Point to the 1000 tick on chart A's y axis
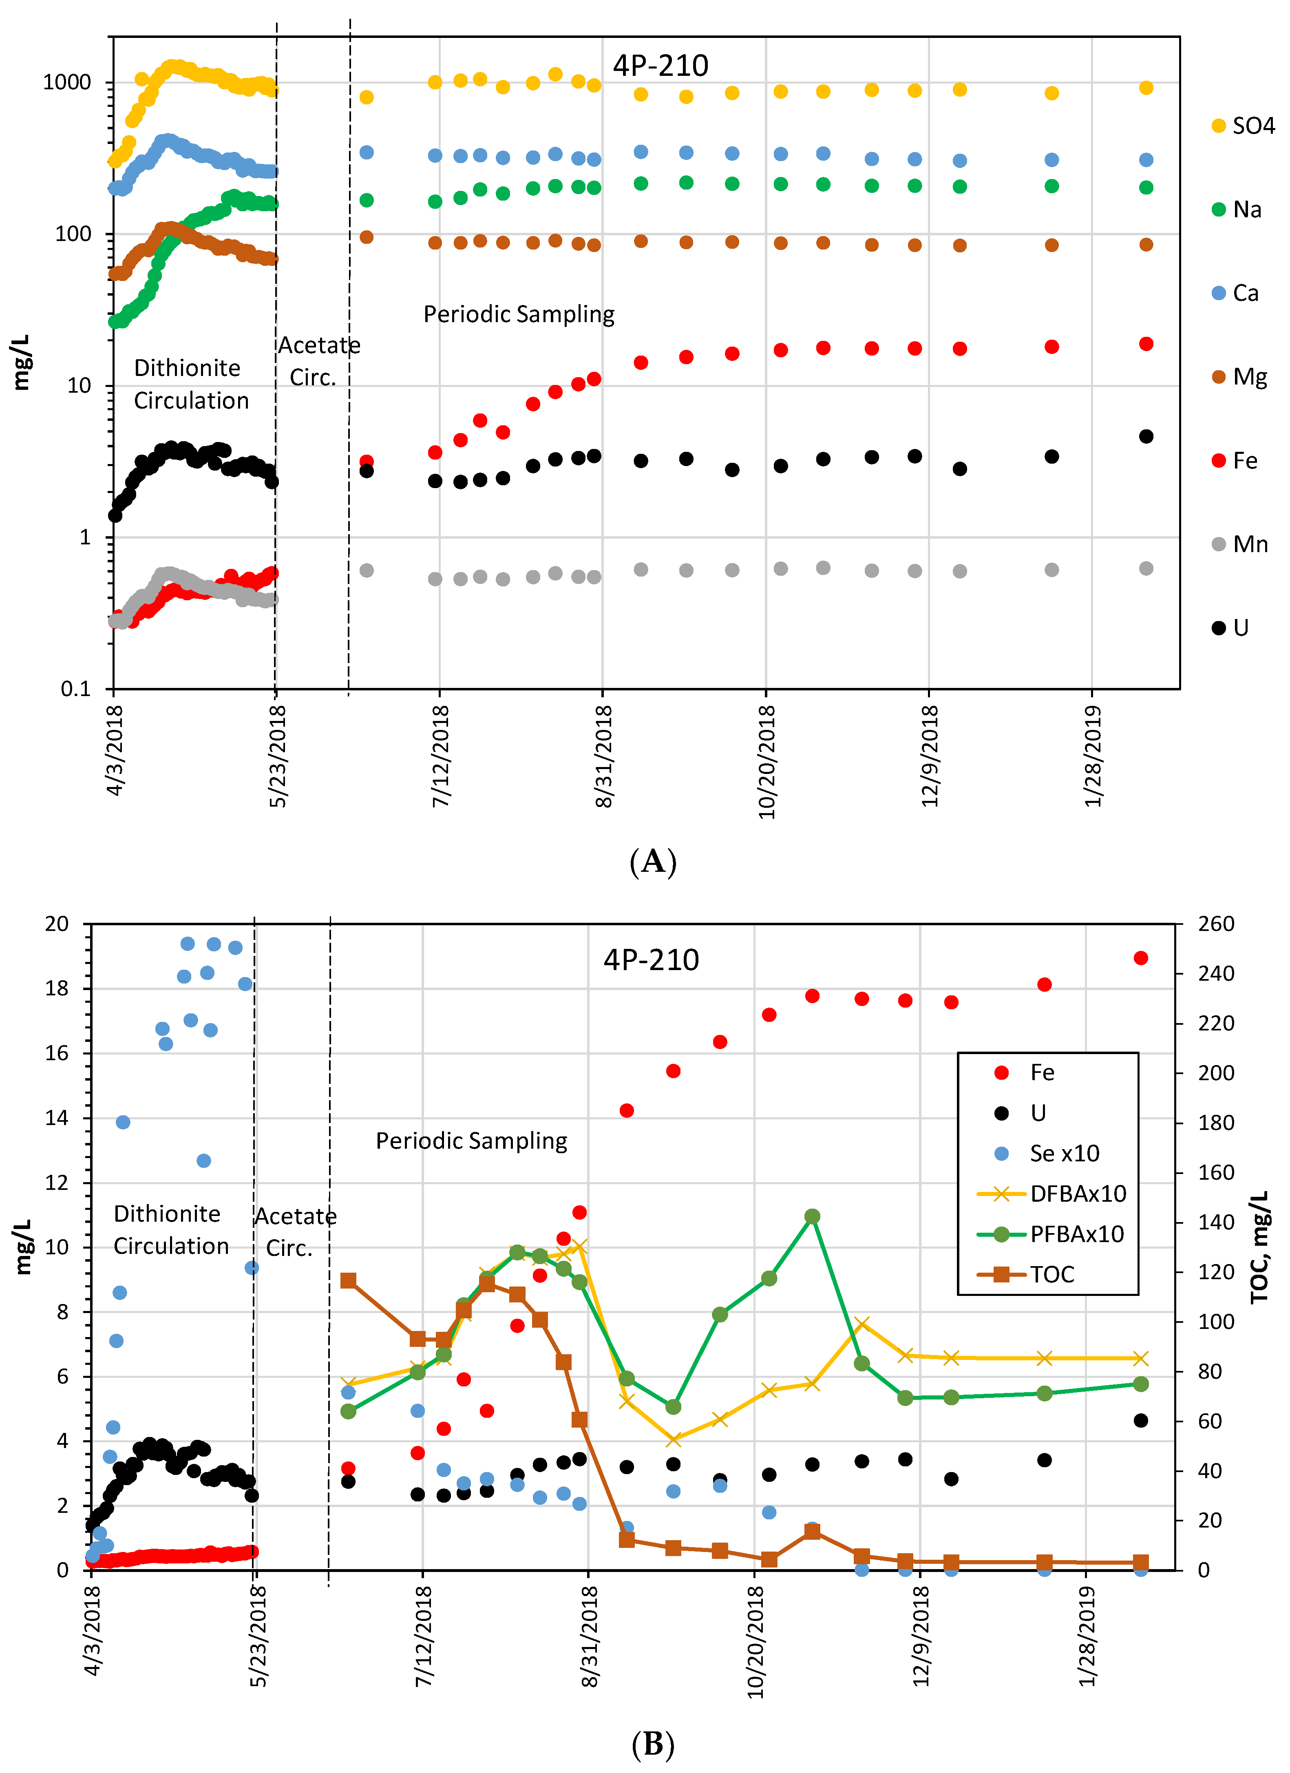pyautogui.click(x=67, y=82)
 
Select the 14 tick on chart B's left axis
pyautogui.click(x=57, y=1118)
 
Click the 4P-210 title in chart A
pyautogui.click(x=660, y=66)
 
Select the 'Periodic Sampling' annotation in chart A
pyautogui.click(x=519, y=314)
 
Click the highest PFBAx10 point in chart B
pyautogui.click(x=812, y=1216)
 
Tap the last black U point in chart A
pyautogui.click(x=1146, y=436)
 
